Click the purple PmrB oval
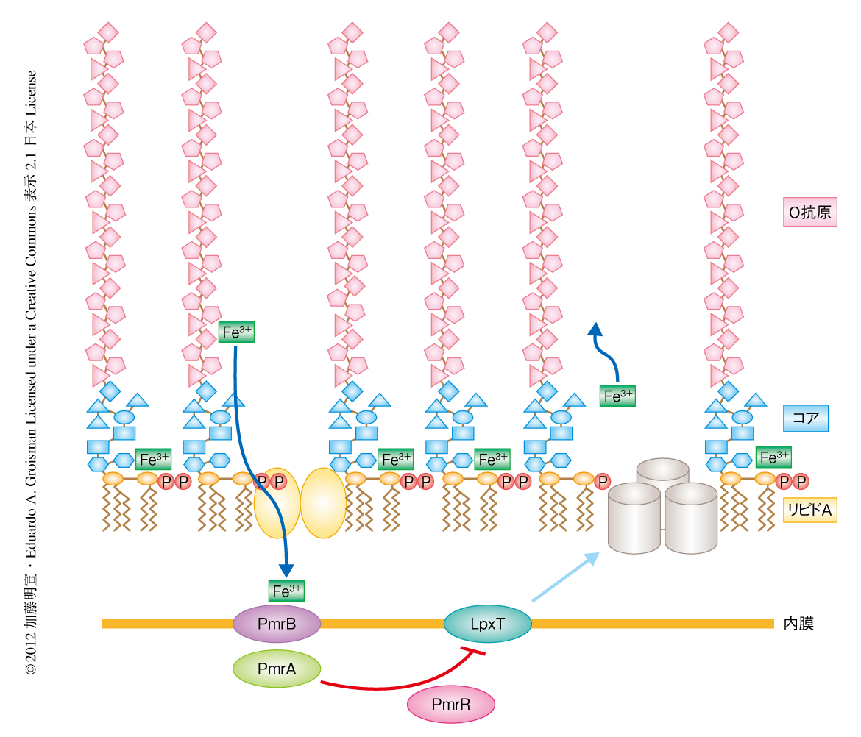pos(277,624)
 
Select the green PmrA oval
pos(277,669)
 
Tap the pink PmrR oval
pos(450,705)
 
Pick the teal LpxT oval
pos(488,624)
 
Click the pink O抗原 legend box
pos(809,213)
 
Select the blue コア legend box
pos(806,418)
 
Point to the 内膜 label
pos(798,624)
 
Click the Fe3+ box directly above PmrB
pos(287,590)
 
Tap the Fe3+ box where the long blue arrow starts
pos(237,332)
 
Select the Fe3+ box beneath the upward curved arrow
pos(618,396)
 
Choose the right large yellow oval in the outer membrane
pos(323,502)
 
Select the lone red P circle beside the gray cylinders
pos(603,481)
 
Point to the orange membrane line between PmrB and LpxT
pos(383,624)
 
